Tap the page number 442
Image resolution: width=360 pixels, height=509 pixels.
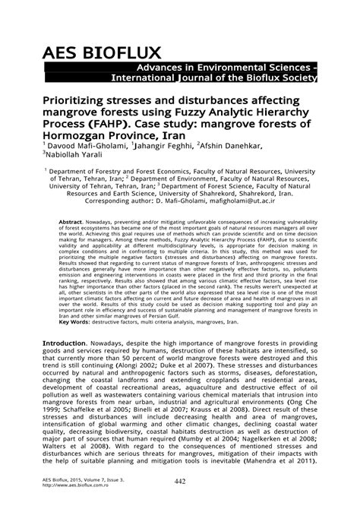click(180, 482)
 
